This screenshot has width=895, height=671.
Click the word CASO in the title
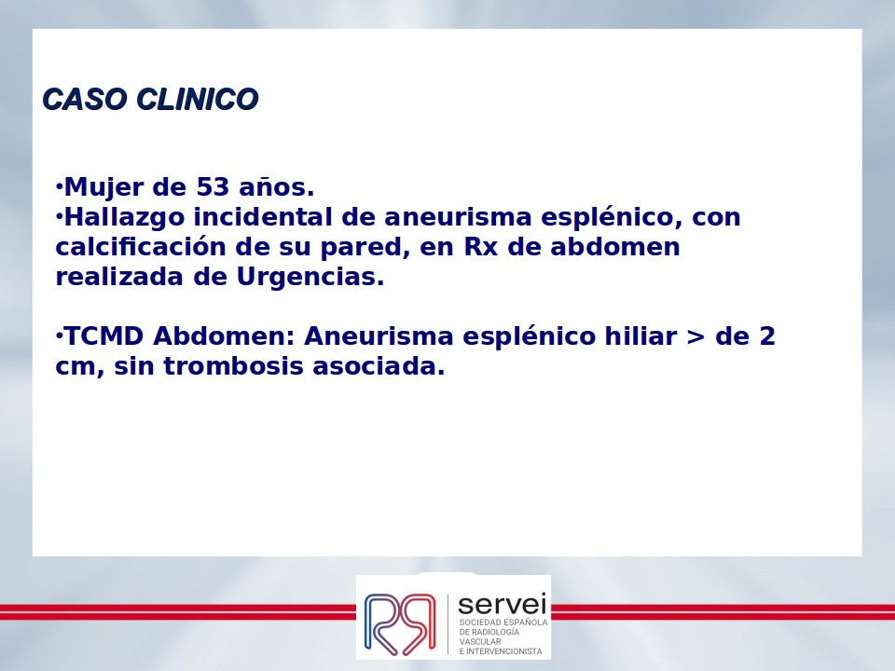pos(85,100)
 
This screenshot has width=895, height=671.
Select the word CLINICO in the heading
pos(198,100)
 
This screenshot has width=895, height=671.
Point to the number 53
pos(213,187)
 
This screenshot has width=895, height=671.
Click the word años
pos(276,187)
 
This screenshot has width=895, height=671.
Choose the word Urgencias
pos(310,278)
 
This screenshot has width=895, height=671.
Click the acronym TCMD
pos(103,336)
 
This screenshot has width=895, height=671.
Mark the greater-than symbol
pos(695,337)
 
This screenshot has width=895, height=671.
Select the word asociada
pos(379,365)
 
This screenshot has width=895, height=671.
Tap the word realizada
pos(120,277)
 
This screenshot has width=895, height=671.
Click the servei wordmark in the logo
pos(503,604)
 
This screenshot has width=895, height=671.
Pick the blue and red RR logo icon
pos(400,623)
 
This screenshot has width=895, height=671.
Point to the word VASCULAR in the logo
pos(480,641)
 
